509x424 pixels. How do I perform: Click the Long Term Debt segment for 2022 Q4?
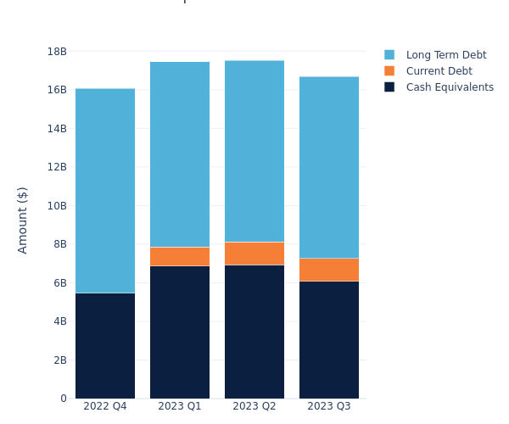[105, 191]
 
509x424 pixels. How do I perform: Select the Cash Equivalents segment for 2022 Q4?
[105, 346]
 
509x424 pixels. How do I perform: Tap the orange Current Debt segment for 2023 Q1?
[180, 256]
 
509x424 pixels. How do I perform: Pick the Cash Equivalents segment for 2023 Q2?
[255, 332]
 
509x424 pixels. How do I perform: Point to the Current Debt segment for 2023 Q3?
[329, 270]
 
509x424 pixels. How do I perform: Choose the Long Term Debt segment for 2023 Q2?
[255, 151]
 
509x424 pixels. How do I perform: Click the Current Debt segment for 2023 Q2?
[255, 254]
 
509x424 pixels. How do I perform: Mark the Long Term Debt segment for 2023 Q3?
[329, 167]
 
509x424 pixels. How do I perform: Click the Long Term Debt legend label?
[446, 55]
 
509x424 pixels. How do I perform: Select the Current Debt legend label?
[439, 71]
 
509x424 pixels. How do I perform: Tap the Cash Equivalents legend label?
[450, 87]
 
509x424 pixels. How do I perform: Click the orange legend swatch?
[389, 71]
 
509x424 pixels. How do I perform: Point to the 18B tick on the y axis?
[57, 52]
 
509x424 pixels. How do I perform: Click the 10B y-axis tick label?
[57, 206]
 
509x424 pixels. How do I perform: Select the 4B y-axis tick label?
[60, 321]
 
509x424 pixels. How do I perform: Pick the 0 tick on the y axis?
[64, 399]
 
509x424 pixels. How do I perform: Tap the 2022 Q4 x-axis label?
[105, 407]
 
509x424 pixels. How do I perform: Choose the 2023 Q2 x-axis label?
[255, 407]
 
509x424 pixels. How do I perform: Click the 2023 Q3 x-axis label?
[329, 407]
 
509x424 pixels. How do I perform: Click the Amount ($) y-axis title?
[23, 220]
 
